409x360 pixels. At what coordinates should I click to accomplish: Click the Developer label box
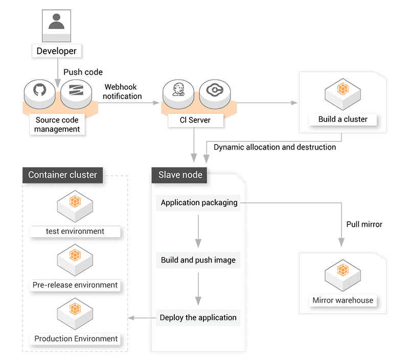(57, 51)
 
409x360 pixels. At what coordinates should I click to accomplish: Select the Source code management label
(57, 125)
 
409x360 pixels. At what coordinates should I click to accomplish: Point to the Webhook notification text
(123, 91)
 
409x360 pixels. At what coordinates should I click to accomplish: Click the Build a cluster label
(343, 119)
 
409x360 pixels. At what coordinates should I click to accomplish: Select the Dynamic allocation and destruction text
(275, 147)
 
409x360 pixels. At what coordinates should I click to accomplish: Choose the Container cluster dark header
(62, 175)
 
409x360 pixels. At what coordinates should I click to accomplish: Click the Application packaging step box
(199, 203)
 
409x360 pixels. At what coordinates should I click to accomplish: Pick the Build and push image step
(198, 260)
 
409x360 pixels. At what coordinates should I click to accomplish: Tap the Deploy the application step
(198, 318)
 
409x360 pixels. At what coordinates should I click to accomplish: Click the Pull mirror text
(364, 224)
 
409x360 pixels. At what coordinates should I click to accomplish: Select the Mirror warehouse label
(343, 300)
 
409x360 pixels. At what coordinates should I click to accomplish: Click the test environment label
(75, 231)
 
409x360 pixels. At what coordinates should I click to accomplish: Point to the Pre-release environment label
(75, 285)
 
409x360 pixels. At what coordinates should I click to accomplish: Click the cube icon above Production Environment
(75, 311)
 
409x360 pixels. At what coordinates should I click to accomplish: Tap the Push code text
(83, 72)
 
